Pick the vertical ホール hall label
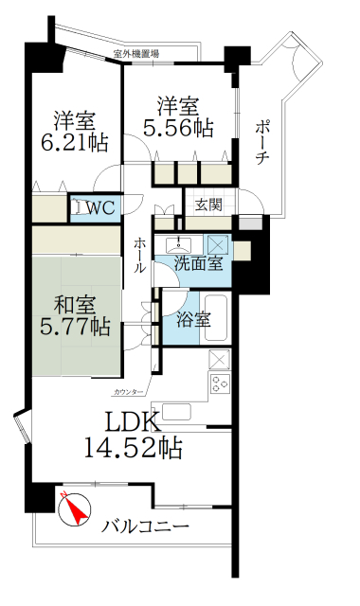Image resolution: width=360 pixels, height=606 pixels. (140, 255)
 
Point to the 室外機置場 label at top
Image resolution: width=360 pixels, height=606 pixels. (135, 54)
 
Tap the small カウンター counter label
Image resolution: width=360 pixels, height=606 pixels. (128, 390)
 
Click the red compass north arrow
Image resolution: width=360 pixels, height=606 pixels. (73, 512)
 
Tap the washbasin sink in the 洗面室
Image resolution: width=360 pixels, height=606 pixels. (177, 242)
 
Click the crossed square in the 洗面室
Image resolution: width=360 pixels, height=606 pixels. (217, 241)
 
